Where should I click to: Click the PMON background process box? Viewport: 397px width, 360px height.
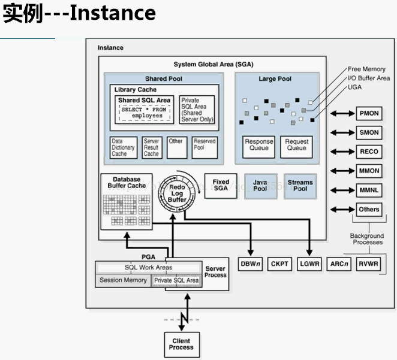(x=369, y=113)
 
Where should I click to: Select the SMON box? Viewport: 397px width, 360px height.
(x=369, y=132)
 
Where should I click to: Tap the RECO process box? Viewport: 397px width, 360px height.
(x=369, y=152)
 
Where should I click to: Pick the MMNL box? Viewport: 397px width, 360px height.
(x=369, y=190)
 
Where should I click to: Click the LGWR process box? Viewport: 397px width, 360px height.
(x=309, y=264)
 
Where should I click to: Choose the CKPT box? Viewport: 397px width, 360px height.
(x=279, y=264)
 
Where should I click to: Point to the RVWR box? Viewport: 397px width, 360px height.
(x=369, y=264)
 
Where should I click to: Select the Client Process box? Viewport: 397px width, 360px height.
(x=181, y=344)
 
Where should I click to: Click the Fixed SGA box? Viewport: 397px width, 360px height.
(x=221, y=185)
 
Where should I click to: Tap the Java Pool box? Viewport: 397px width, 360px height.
(x=260, y=186)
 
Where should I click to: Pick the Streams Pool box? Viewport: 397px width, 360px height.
(x=300, y=186)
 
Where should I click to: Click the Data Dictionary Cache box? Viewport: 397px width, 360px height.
(x=123, y=148)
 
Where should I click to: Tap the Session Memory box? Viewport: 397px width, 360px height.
(x=123, y=280)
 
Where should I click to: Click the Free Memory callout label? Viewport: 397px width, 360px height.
(x=366, y=69)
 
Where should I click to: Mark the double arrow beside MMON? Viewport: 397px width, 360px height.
(x=342, y=171)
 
